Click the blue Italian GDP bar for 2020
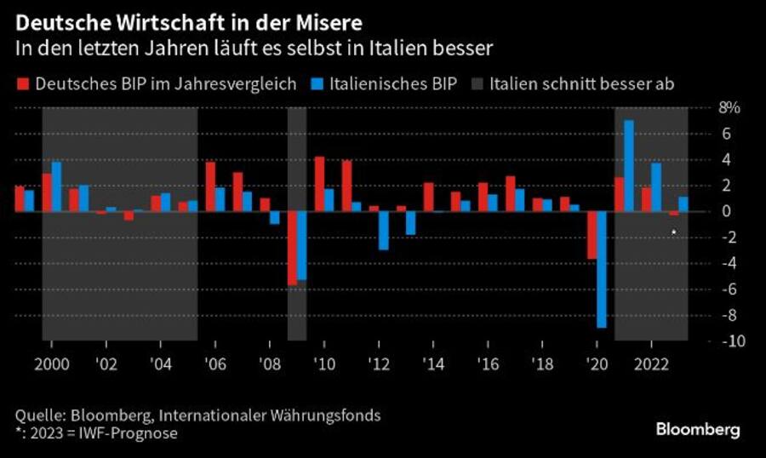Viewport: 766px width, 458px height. tap(602, 269)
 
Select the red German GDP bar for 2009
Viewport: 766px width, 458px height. tap(292, 248)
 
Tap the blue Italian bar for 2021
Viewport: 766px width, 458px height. tap(629, 166)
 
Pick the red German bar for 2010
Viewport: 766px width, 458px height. tap(319, 184)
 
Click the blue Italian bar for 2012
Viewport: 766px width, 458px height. tap(384, 230)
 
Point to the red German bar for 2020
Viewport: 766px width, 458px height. tap(592, 235)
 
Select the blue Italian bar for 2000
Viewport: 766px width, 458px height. tap(57, 186)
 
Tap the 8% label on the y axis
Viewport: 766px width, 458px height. tap(730, 108)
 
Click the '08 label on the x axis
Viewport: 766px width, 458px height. tap(268, 359)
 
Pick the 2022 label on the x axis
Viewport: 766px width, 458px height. tap(651, 359)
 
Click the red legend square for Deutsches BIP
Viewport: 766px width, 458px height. tap(21, 83)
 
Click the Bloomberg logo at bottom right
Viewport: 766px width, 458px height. tap(697, 430)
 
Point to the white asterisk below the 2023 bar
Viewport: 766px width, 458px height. tap(674, 232)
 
